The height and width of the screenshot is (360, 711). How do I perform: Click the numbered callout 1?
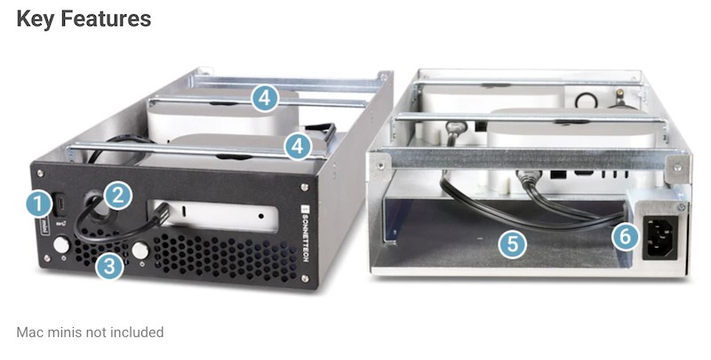pos(38,204)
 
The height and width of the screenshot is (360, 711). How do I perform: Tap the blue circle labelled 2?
pos(118,196)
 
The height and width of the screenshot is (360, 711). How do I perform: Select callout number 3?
pos(109,266)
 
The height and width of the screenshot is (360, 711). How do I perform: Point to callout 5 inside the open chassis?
pos(513,244)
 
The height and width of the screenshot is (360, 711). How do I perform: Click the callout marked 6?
pos(626,236)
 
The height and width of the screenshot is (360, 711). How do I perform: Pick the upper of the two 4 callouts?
pos(265,98)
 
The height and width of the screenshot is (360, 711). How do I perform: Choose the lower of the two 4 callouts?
pos(298,146)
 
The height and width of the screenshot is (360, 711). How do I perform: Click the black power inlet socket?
pos(660,237)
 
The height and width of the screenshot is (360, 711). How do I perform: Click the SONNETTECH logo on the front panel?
pos(305,233)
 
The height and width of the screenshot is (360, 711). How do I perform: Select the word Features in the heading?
pos(106,19)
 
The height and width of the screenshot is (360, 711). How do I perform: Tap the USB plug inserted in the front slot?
pos(162,213)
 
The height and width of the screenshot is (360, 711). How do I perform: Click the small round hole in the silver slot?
pos(261,216)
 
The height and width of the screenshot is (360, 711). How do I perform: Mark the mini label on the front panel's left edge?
pos(45,226)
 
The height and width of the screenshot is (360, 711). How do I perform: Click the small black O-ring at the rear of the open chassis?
pos(585,100)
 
